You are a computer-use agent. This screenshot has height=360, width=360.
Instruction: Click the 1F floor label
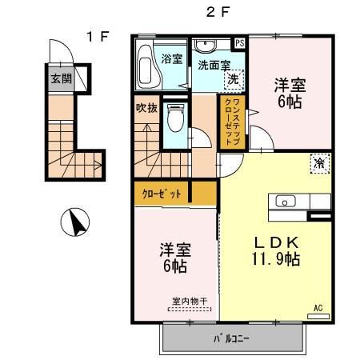tap(98, 35)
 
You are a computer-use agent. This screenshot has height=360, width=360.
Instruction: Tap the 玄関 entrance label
tap(60, 78)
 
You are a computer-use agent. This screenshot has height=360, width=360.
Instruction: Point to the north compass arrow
tap(76, 222)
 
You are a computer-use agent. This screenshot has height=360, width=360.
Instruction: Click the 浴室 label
tap(171, 58)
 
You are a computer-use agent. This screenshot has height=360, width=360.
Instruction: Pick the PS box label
tap(239, 43)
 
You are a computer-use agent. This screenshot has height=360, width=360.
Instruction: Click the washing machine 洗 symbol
tap(233, 79)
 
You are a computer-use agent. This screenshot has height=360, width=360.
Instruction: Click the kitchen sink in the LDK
tap(285, 201)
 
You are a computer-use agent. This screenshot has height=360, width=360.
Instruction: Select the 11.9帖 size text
tap(275, 258)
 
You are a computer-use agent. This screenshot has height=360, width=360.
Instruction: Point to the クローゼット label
tap(162, 193)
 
